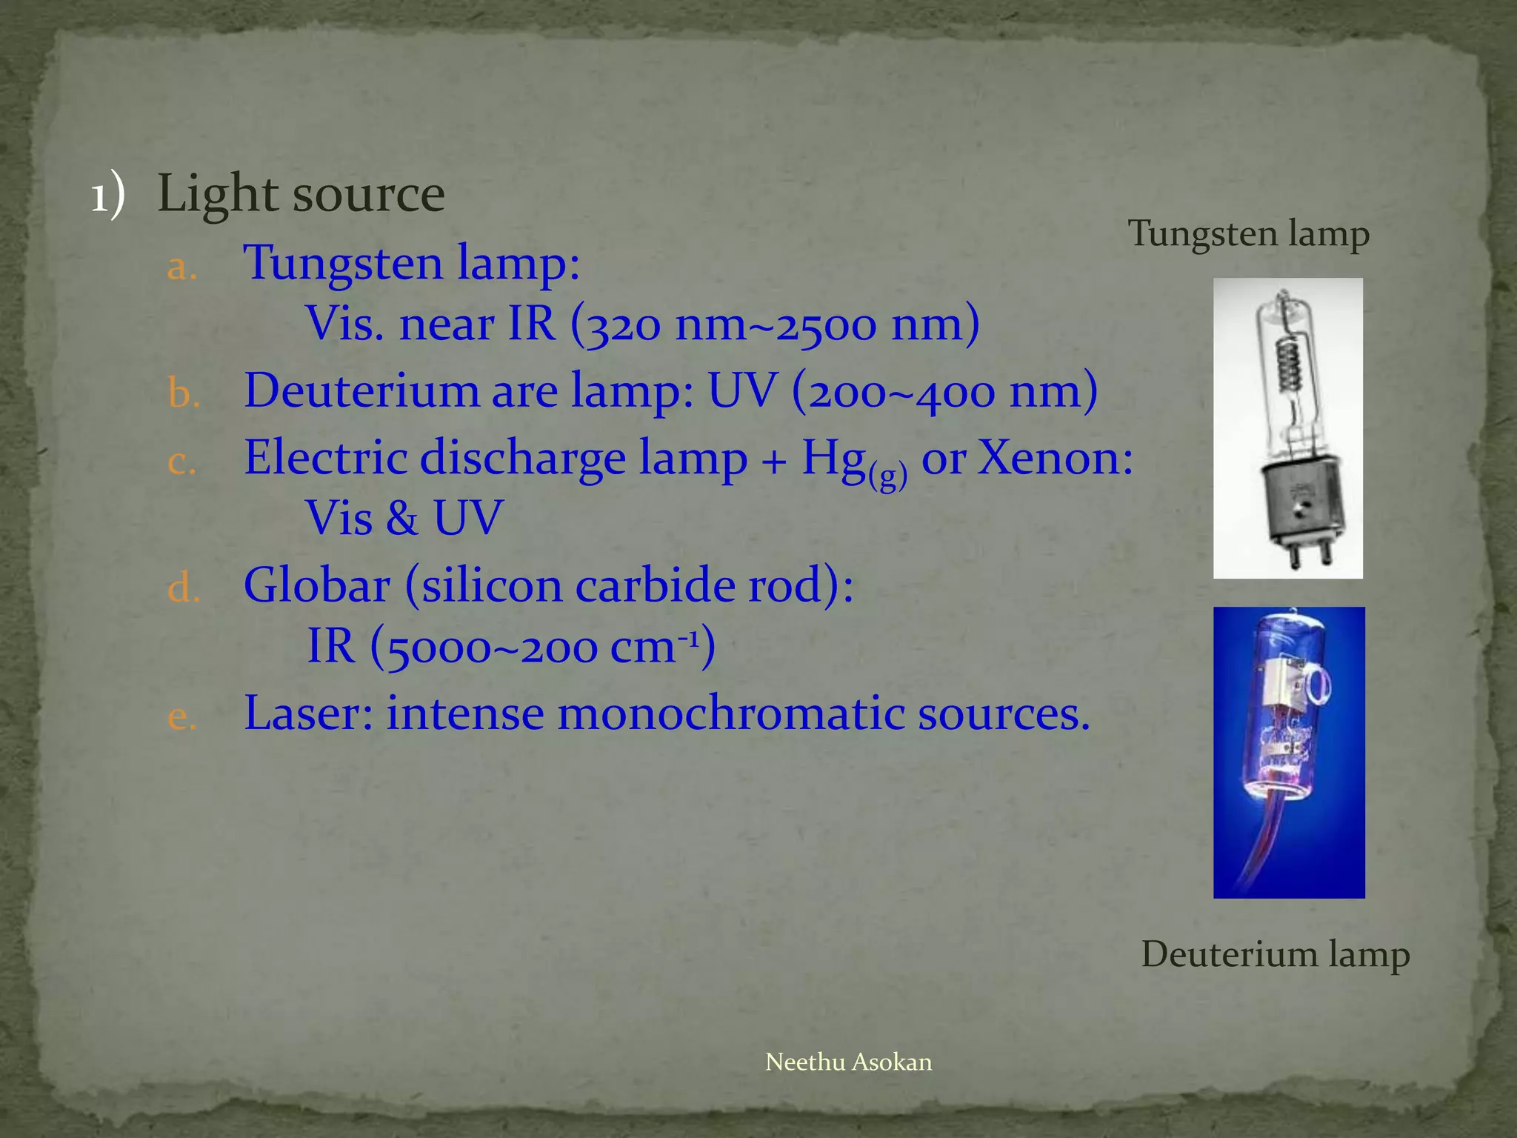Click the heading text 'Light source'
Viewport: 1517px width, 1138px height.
click(301, 194)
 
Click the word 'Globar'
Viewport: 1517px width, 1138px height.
click(317, 585)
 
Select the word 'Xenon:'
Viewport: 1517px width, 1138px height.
click(1055, 458)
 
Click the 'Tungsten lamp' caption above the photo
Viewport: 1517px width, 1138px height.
click(1248, 234)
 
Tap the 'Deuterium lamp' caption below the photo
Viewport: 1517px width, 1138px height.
click(1275, 954)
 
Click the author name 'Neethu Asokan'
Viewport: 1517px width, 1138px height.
click(848, 1062)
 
